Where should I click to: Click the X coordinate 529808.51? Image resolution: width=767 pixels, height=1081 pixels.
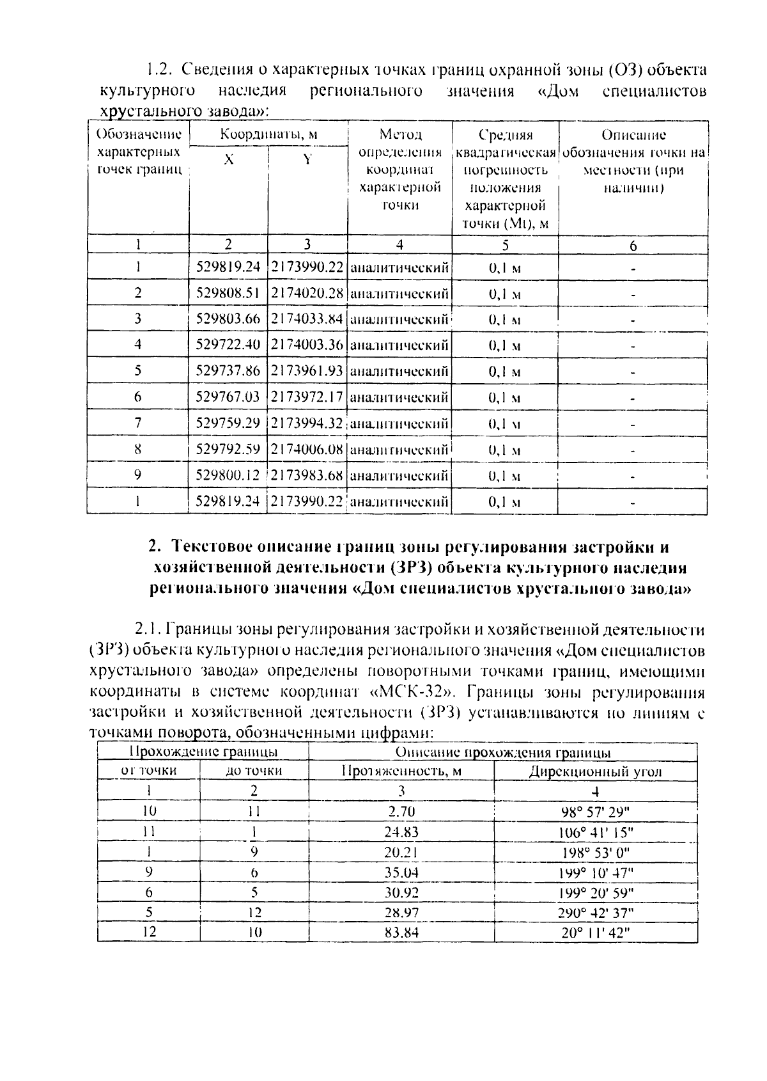coord(228,293)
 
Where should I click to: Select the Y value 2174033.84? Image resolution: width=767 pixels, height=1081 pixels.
coord(307,319)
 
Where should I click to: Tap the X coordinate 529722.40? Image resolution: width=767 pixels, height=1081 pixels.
coord(228,345)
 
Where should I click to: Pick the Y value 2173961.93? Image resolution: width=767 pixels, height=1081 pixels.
coord(307,371)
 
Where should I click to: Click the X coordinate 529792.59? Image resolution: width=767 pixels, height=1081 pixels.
coord(228,449)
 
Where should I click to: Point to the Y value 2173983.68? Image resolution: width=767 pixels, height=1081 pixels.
coord(307,475)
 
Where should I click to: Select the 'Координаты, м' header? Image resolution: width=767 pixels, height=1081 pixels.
coord(268,135)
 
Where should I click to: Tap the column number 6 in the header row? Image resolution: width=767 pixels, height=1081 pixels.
coord(633,245)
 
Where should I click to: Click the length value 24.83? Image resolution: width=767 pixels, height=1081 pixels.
coord(401,832)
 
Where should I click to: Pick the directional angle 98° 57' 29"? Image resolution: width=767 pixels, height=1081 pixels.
coord(595,812)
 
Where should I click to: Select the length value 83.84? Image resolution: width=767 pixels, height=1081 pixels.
coord(401,933)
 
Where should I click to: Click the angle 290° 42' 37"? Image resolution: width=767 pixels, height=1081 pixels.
coord(595,913)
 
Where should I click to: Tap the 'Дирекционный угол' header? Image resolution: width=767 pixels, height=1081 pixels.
coord(595,771)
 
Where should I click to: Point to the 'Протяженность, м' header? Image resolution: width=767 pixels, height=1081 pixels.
coord(401,771)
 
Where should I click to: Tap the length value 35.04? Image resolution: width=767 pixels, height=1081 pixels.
coord(401,872)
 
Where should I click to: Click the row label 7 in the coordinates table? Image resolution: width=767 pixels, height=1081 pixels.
coord(137,423)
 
